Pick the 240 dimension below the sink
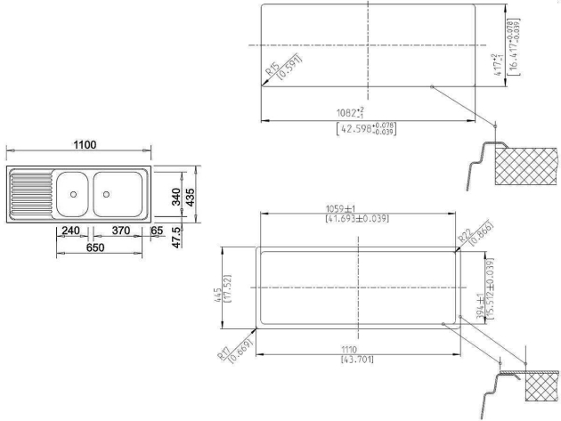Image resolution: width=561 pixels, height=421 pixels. [71, 231]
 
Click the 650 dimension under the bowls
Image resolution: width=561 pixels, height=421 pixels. [95, 248]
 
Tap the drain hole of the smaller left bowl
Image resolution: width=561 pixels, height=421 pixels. [72, 193]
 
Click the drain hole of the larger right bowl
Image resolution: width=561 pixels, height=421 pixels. [107, 193]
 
